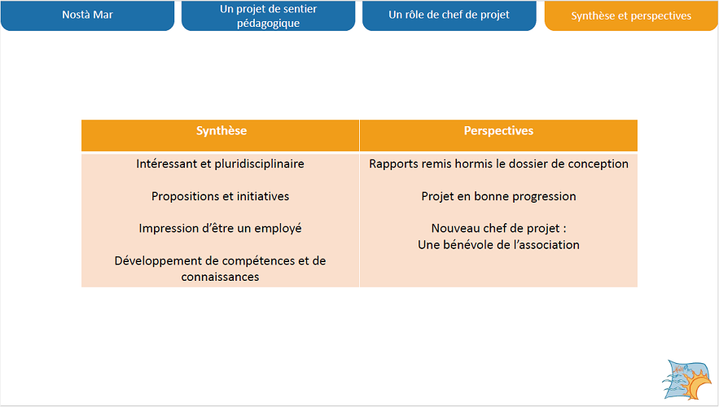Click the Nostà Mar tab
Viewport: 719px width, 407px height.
point(88,15)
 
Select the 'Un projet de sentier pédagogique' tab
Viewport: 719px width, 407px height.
point(268,15)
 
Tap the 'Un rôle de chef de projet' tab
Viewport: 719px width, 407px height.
point(449,15)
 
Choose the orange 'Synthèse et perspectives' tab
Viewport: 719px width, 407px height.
point(631,15)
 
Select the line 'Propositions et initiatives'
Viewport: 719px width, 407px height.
point(220,196)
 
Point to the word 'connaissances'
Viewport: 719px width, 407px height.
point(220,277)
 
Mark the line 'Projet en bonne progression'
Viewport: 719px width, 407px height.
point(498,196)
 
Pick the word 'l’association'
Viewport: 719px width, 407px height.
point(546,245)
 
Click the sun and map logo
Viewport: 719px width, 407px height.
point(686,380)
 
